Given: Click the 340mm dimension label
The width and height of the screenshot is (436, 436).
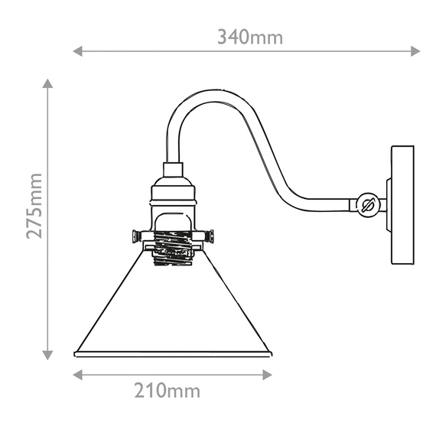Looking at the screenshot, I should pos(250,36).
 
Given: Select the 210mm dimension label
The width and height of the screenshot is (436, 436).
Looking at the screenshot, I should pos(168,392).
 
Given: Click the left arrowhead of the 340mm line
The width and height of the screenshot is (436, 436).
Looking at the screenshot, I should pos(77,51).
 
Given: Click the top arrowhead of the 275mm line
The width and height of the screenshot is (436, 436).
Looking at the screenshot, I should pos(48,83).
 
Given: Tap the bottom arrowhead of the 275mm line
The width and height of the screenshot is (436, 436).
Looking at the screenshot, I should pos(48,354).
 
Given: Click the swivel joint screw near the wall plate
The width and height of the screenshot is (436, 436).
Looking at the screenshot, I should pos(366,204).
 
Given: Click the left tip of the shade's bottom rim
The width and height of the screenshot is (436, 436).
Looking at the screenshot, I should pos(75,353).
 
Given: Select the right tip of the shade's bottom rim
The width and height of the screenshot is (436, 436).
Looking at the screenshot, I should pos(272,353).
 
